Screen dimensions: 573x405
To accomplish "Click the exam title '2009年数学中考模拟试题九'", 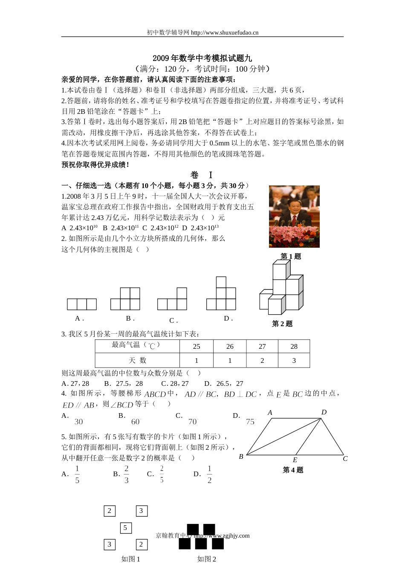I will tap(202, 58).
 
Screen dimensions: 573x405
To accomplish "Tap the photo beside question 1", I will tap(294, 217).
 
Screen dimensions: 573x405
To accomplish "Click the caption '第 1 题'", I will tap(291, 256).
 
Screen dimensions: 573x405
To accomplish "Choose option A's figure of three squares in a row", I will tap(82, 304).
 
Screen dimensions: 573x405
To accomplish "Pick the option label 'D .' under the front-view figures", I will tap(228, 318).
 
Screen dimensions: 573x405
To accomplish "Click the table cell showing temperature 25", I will tap(197, 347).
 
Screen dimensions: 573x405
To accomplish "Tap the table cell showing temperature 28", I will tap(294, 347).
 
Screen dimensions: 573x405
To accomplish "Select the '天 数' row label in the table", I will tap(137, 361).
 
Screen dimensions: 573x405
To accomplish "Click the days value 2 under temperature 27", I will tap(262, 361).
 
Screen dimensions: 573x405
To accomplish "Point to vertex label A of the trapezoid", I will tap(270, 412).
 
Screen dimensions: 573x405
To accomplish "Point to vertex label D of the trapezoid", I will tap(324, 412).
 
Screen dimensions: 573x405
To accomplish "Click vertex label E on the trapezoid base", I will tap(295, 460).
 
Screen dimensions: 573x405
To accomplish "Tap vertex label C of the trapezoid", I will tap(345, 459).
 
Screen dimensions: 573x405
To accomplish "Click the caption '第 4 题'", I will tap(293, 470).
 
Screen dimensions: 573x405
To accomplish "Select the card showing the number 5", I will tap(125, 528).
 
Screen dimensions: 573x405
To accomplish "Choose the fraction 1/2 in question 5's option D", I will tap(209, 475).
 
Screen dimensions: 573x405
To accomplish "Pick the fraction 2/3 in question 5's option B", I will tap(127, 475).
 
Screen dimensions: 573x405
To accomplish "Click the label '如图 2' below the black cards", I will tap(207, 559).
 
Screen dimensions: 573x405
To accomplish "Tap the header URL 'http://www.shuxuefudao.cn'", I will tap(225, 32).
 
